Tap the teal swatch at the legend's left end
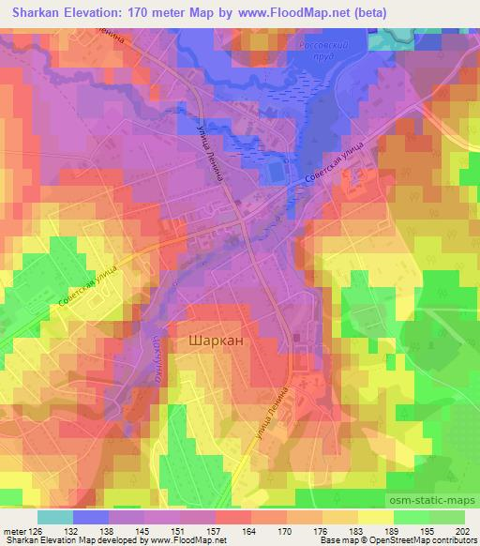57,516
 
